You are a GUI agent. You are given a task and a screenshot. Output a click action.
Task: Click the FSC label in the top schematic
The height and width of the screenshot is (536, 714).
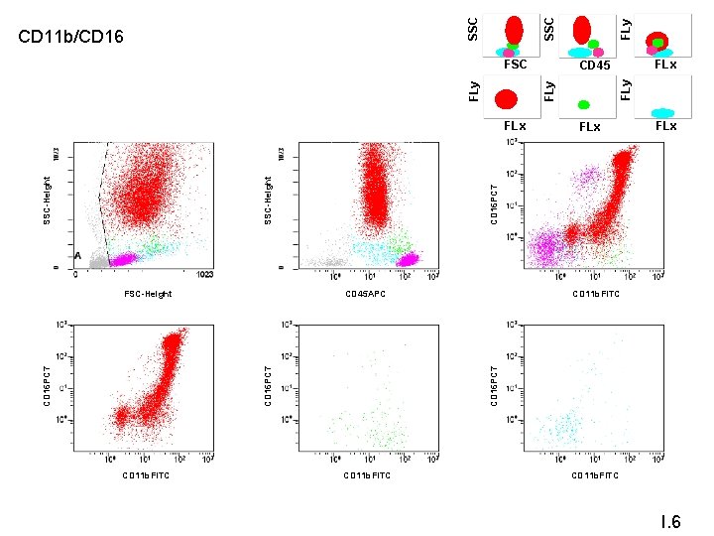pyautogui.click(x=516, y=65)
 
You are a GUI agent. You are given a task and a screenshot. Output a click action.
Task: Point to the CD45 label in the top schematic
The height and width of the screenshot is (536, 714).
pyautogui.click(x=594, y=66)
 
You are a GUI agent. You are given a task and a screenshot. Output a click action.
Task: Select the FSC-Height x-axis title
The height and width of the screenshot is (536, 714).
pyautogui.click(x=148, y=294)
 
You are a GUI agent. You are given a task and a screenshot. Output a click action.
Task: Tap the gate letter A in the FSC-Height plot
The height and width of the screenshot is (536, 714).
pyautogui.click(x=78, y=255)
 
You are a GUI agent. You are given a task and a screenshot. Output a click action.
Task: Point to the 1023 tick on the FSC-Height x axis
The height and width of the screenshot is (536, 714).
pyautogui.click(x=205, y=275)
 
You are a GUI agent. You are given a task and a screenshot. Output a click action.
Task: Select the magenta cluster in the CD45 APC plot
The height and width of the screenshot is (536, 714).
pyautogui.click(x=408, y=259)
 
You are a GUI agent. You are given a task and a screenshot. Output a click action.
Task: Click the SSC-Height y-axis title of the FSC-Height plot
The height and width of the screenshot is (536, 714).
pyautogui.click(x=47, y=199)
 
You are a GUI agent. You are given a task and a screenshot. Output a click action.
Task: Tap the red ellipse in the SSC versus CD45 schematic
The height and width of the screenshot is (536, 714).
pyautogui.click(x=582, y=29)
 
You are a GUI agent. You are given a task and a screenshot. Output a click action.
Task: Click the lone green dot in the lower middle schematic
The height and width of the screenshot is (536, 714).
pyautogui.click(x=584, y=103)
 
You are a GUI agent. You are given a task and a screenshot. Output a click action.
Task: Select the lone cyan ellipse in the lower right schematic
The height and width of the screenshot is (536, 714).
pyautogui.click(x=661, y=113)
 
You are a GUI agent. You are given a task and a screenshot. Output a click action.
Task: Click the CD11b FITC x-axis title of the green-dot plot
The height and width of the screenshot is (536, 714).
pyautogui.click(x=367, y=475)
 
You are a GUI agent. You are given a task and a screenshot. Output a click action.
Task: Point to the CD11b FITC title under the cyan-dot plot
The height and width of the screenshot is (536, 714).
pyautogui.click(x=596, y=475)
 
